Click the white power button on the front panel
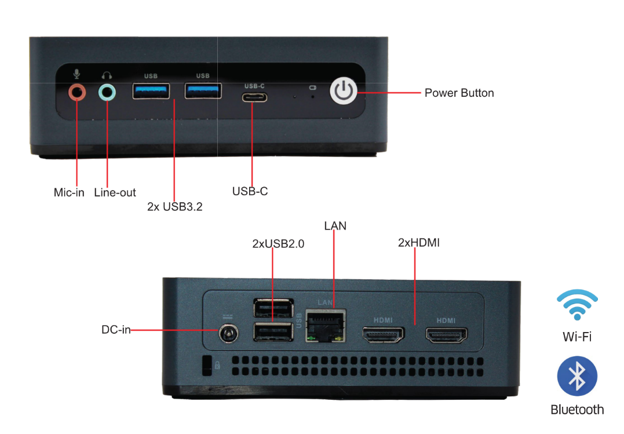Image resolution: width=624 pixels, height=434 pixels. coord(344,92)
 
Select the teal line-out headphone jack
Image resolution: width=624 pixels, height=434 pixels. coord(107,92)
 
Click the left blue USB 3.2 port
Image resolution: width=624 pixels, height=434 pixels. coord(151,91)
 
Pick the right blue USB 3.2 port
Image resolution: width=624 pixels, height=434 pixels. coord(203,91)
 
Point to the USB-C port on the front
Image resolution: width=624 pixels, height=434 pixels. coord(254,97)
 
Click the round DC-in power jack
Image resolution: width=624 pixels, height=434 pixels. coord(228,334)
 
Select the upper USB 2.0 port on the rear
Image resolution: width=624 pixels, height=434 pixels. coord(273,307)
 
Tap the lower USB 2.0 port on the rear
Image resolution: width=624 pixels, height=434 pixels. coord(273,331)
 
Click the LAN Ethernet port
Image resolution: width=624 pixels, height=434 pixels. coord(325,325)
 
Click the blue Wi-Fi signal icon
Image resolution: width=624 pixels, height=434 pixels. coord(577,304)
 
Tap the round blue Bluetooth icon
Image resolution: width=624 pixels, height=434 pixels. coord(576,377)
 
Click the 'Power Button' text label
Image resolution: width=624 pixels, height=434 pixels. coord(459,93)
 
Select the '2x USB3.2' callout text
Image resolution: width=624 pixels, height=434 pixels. coord(175,207)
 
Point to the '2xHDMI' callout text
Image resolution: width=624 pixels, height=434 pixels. coord(418,243)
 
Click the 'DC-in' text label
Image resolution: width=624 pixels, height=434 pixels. coord(116,330)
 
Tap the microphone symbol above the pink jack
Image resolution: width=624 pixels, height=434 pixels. coord(76,74)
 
